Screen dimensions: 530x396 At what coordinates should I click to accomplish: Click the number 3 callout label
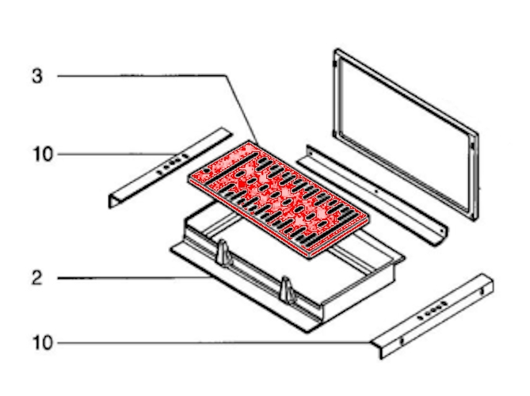(x=37, y=76)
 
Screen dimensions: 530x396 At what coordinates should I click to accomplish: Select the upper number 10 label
(x=43, y=154)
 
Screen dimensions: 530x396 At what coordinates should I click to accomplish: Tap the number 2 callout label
(x=37, y=278)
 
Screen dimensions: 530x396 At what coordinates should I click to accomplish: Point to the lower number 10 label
(x=43, y=343)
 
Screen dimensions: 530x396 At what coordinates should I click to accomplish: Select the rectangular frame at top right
(x=406, y=135)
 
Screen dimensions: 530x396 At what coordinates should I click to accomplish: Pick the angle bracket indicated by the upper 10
(x=170, y=168)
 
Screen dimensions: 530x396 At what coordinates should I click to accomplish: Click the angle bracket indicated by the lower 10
(x=433, y=316)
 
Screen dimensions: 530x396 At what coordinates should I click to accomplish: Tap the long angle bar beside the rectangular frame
(x=372, y=195)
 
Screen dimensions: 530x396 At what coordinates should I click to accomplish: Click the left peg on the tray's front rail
(x=223, y=253)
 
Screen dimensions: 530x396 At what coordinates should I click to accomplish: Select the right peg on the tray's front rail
(x=286, y=290)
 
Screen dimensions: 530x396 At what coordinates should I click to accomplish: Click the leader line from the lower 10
(x=214, y=343)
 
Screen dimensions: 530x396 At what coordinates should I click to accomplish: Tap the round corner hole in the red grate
(x=206, y=171)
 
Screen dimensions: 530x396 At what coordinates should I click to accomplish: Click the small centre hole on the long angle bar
(x=376, y=191)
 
